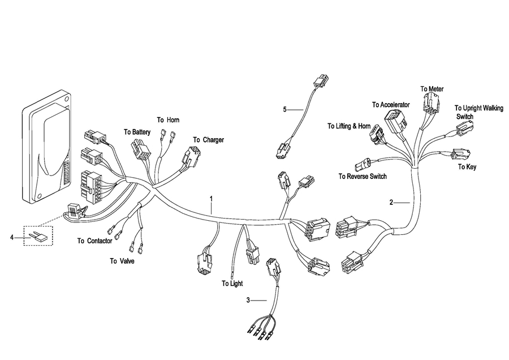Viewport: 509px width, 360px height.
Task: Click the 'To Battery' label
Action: pyautogui.click(x=137, y=132)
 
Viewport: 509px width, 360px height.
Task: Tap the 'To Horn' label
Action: pyautogui.click(x=168, y=120)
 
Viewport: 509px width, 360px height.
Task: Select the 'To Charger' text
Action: pyautogui.click(x=208, y=140)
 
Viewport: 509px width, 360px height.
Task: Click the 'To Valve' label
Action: pyautogui.click(x=122, y=261)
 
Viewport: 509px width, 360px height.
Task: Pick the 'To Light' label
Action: pyautogui.click(x=232, y=283)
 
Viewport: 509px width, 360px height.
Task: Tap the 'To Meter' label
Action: pyautogui.click(x=432, y=89)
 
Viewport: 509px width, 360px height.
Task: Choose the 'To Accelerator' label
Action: pyautogui.click(x=391, y=105)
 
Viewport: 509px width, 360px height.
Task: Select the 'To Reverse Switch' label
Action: pyautogui.click(x=363, y=177)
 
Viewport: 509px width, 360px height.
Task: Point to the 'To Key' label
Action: pyautogui.click(x=467, y=167)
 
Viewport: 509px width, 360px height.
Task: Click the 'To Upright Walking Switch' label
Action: pyautogui.click(x=472, y=112)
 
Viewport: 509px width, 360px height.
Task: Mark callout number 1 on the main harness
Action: pyautogui.click(x=211, y=199)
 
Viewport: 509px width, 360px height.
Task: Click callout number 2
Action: pyautogui.click(x=391, y=202)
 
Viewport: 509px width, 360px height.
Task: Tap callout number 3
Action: pyautogui.click(x=248, y=299)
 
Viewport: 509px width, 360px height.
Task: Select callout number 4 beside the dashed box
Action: pyautogui.click(x=12, y=237)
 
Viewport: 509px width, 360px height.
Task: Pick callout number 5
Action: pyautogui.click(x=285, y=109)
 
